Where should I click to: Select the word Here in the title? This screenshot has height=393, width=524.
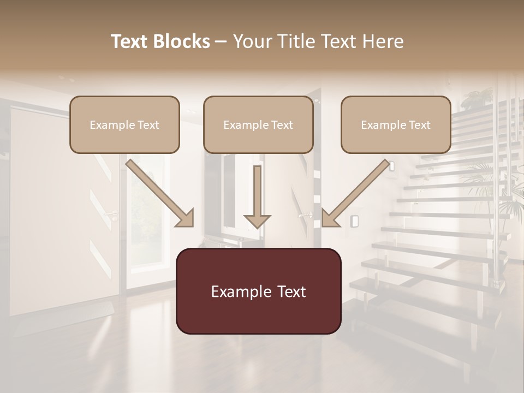(x=383, y=41)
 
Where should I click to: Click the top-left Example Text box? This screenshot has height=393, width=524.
(x=124, y=124)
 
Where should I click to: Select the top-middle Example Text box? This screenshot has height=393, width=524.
(x=258, y=124)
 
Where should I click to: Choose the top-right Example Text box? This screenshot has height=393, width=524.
(x=396, y=124)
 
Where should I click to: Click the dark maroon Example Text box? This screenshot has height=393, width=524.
(x=258, y=291)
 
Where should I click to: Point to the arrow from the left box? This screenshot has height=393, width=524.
(x=160, y=193)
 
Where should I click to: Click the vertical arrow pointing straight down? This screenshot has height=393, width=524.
(x=257, y=196)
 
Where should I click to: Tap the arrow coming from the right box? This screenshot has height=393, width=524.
(x=355, y=193)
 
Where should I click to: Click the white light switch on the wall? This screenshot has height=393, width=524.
(x=354, y=221)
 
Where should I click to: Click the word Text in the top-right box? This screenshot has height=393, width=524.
(x=419, y=125)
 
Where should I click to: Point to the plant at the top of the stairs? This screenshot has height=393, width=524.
(x=476, y=98)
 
